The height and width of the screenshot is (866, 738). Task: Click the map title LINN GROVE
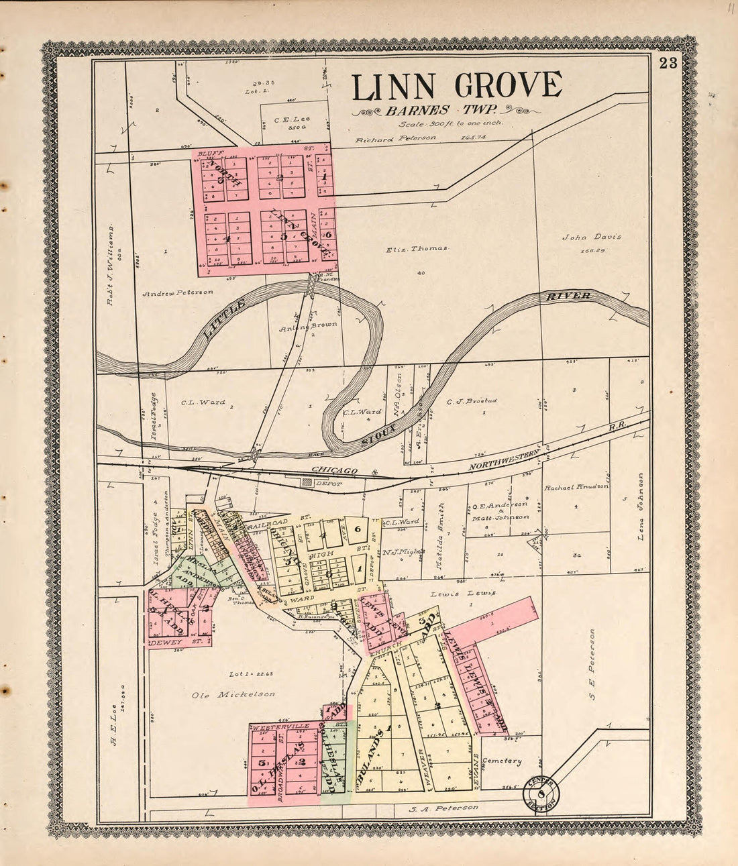point(457,86)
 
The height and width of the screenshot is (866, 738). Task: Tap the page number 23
point(668,64)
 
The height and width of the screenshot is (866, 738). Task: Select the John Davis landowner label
point(592,237)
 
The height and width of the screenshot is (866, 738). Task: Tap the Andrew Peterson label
point(178,292)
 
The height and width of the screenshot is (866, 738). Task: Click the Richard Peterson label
point(396,138)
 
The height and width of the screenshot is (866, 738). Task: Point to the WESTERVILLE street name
point(280,726)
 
